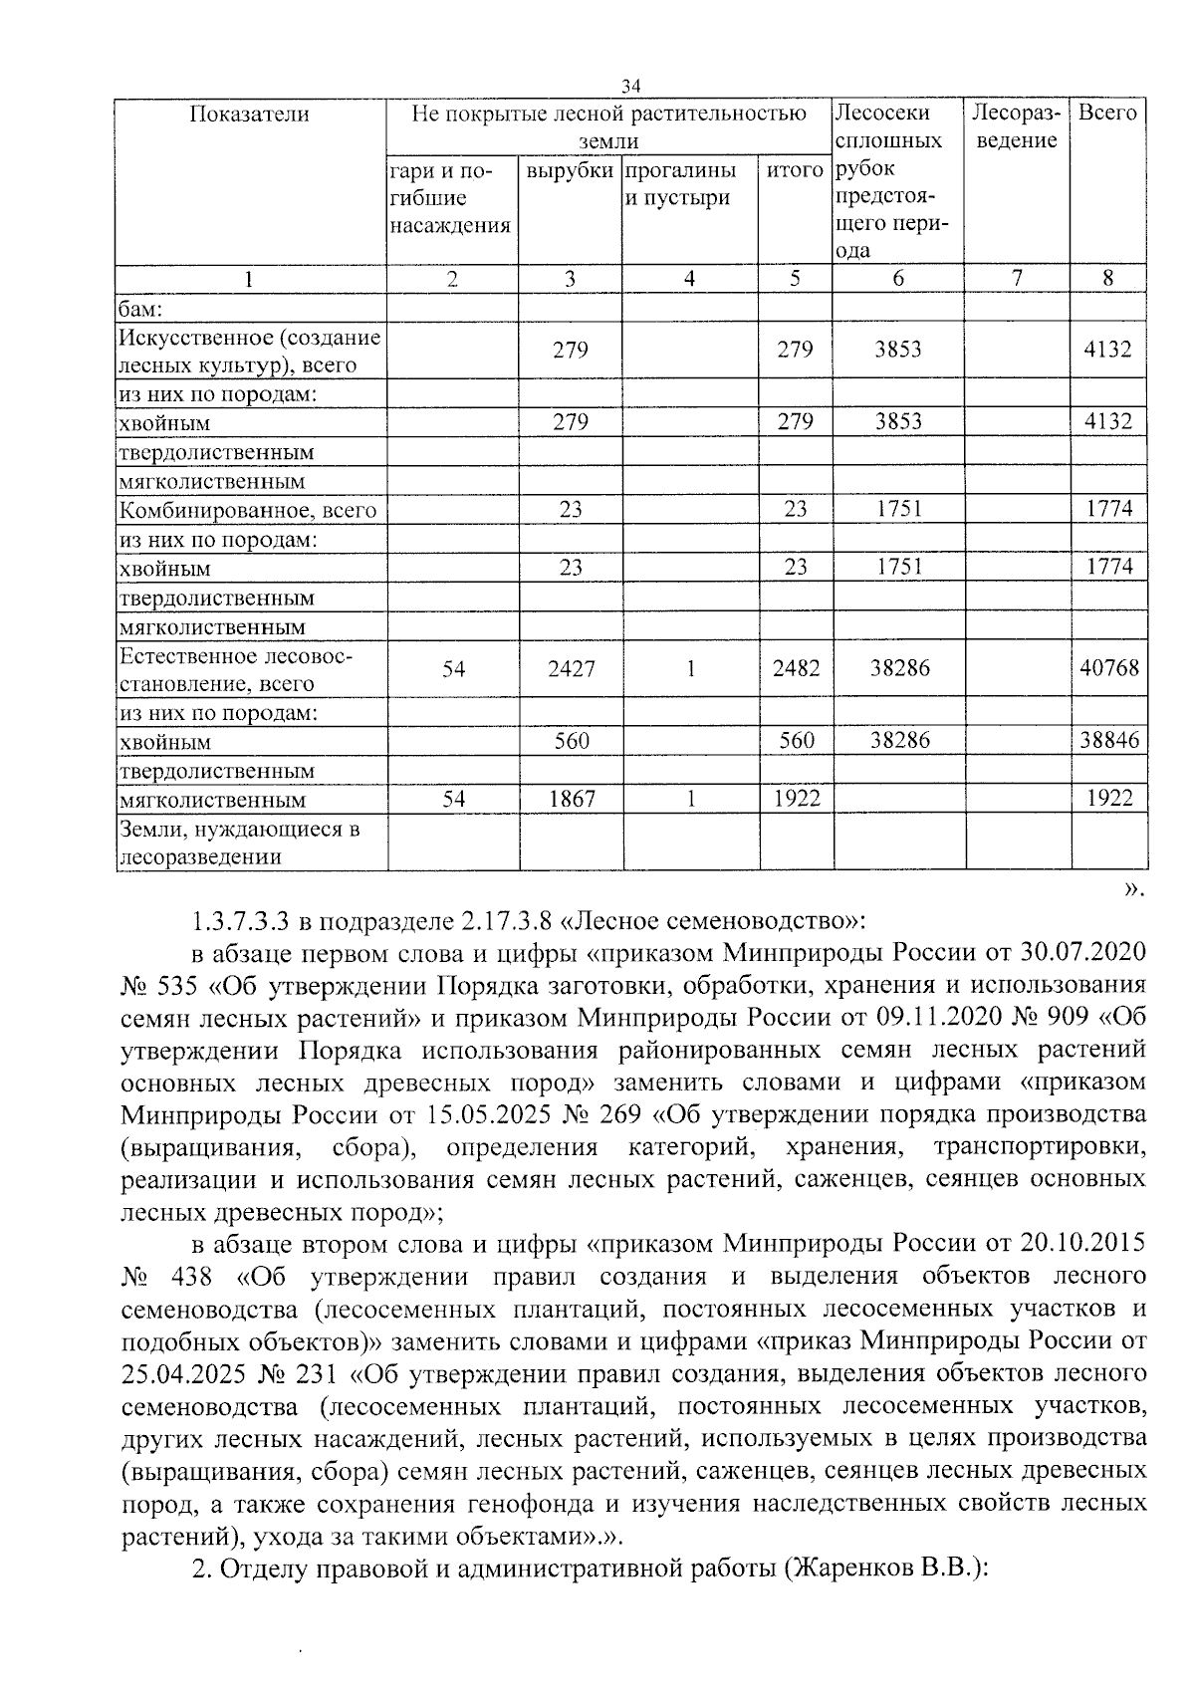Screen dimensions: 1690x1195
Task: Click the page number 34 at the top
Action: point(629,86)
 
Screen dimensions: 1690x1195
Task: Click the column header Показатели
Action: point(250,114)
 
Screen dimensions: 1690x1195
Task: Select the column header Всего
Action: point(1107,113)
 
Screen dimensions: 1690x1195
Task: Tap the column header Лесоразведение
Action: point(1017,126)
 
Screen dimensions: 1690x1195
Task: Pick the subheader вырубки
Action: point(570,170)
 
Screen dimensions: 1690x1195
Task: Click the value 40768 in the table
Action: point(1108,667)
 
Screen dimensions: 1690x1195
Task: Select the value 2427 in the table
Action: point(571,668)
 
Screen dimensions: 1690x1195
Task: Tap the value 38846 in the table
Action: point(1108,740)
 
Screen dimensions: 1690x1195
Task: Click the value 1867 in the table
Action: point(571,799)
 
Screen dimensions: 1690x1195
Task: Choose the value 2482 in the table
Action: point(796,668)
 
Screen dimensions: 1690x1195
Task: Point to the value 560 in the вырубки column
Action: point(572,740)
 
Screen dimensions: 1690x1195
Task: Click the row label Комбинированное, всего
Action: point(248,511)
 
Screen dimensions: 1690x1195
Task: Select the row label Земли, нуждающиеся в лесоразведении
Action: point(239,843)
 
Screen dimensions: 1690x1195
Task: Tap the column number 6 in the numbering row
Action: point(897,279)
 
